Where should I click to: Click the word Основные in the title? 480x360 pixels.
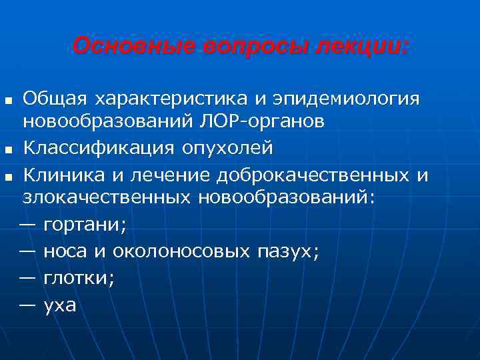pyautogui.click(x=122, y=47)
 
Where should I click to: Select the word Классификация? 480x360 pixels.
pyautogui.click(x=101, y=147)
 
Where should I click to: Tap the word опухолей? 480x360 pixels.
pyautogui.click(x=227, y=147)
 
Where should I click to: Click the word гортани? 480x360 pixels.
pyautogui.click(x=85, y=227)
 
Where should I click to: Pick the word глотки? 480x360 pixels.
pyautogui.click(x=79, y=279)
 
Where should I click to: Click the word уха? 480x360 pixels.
pyautogui.click(x=60, y=306)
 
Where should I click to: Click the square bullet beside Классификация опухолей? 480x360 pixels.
pyautogui.click(x=8, y=149)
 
